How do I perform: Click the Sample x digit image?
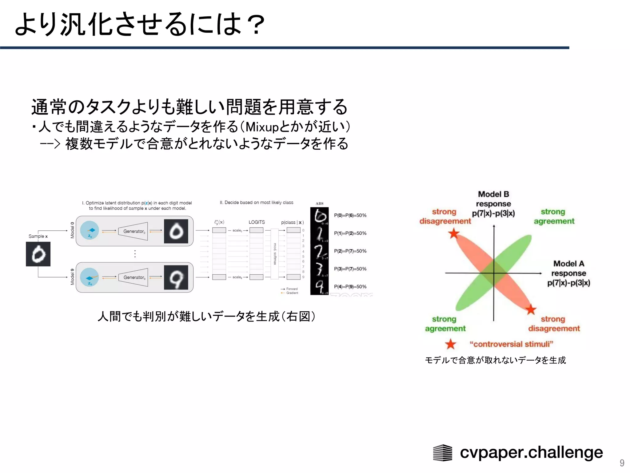tap(38, 254)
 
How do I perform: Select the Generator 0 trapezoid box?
tap(133, 231)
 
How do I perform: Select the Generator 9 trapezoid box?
tap(133, 277)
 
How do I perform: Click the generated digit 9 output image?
tap(176, 277)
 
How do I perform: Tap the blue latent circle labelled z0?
tap(90, 230)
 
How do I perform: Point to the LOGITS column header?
tap(257, 222)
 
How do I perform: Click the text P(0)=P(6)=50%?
tap(350, 215)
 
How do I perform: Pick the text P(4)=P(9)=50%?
tap(350, 287)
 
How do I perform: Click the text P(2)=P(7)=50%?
tap(350, 251)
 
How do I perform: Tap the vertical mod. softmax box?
tap(275, 254)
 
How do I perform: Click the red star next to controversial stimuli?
tap(451, 344)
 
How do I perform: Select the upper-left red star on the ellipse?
tap(454, 233)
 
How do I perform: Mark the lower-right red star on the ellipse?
tap(531, 309)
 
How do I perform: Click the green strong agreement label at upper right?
tap(554, 216)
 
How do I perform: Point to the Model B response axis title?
tap(493, 204)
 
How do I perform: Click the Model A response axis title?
tap(568, 273)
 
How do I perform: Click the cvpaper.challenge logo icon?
tap(442, 453)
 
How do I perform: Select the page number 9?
tap(622, 463)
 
